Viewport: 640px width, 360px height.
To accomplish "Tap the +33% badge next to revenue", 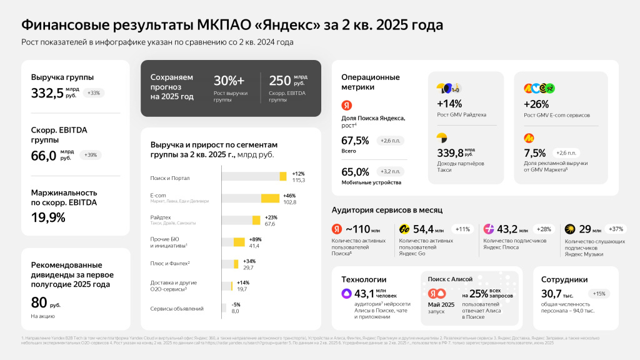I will (93, 93).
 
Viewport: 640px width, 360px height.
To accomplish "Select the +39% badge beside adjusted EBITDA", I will (91, 155).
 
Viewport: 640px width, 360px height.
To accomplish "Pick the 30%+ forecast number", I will (229, 81).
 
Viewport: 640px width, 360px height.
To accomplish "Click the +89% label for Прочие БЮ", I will (255, 239).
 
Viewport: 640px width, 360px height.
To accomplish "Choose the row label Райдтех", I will (161, 217).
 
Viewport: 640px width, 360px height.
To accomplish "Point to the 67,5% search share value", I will (355, 141).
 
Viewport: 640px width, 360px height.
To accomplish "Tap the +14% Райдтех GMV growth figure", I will (449, 104).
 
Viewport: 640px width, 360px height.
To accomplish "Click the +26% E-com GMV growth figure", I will (536, 104).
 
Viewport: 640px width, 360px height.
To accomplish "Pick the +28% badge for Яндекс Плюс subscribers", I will (544, 229).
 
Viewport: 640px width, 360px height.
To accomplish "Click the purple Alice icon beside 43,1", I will (346, 293).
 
